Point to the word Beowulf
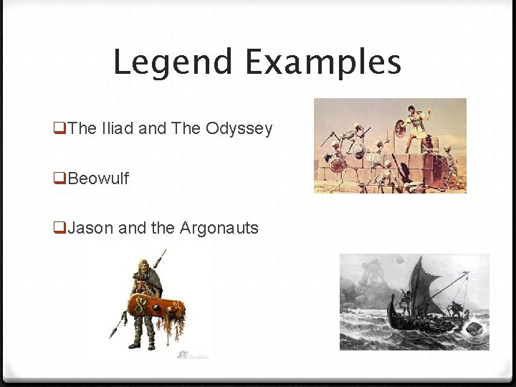click(98, 178)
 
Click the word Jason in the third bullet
click(91, 229)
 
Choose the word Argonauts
click(219, 229)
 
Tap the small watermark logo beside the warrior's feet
click(185, 353)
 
